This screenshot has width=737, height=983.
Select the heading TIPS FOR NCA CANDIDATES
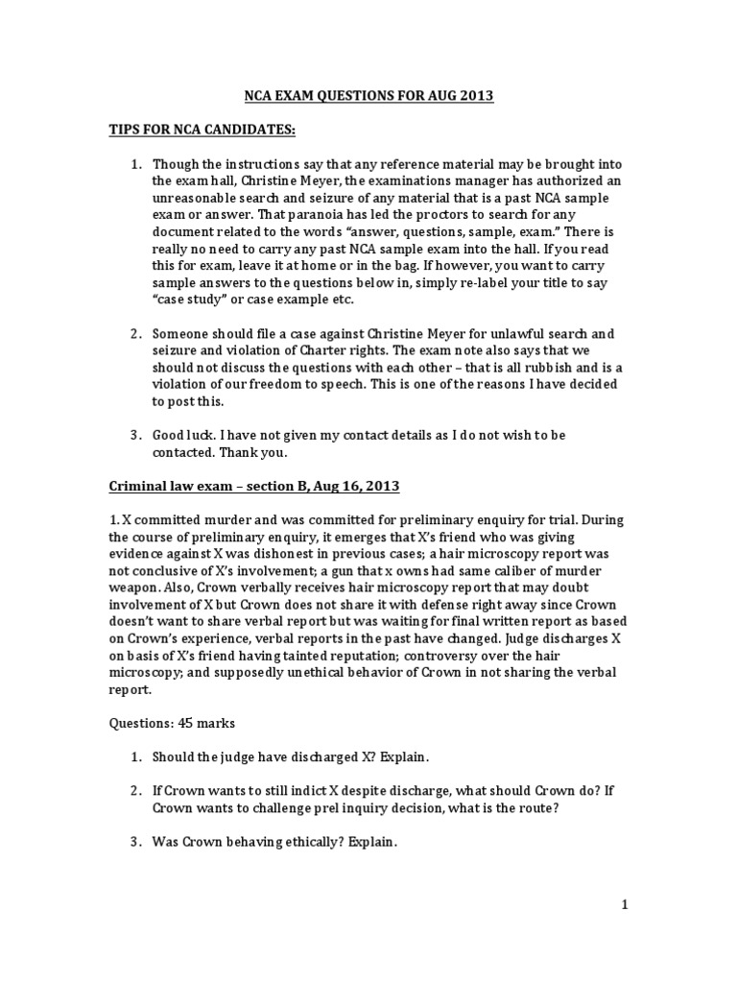click(x=225, y=130)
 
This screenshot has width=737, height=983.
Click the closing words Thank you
click(x=258, y=452)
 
